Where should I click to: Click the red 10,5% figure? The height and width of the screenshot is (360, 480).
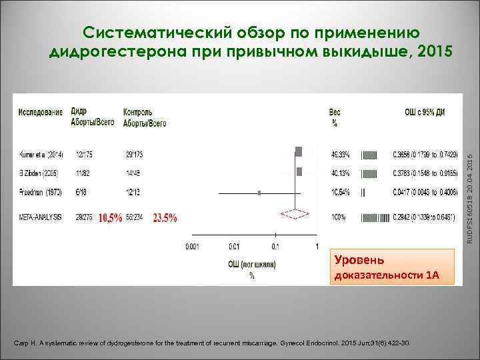tap(111, 217)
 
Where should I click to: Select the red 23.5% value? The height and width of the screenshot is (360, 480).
tap(165, 217)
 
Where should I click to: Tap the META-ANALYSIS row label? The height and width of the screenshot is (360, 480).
tap(41, 217)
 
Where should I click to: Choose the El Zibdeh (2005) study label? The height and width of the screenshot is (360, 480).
tap(38, 173)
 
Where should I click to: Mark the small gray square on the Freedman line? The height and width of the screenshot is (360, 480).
tap(259, 193)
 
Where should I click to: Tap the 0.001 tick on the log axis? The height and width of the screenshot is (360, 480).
tap(193, 247)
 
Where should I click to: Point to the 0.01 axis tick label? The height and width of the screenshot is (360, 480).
tap(234, 247)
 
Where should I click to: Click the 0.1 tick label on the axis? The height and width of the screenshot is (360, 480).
tap(275, 247)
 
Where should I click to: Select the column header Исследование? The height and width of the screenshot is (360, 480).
tap(41, 111)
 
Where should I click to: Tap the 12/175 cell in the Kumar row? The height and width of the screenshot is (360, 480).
tap(85, 155)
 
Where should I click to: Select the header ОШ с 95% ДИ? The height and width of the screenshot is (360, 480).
tap(425, 111)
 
